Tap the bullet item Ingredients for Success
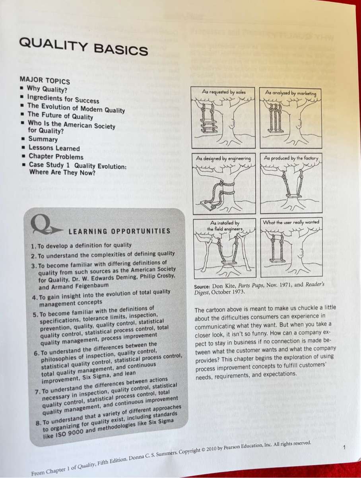point(63,99)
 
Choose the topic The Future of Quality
point(60,116)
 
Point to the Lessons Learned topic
point(54,148)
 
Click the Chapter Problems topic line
point(56,157)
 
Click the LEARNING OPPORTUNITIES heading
point(119,231)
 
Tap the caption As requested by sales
point(223,92)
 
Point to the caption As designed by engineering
point(224,158)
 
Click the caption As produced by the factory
point(291,158)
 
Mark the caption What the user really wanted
point(291,222)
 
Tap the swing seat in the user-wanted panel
point(277,261)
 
